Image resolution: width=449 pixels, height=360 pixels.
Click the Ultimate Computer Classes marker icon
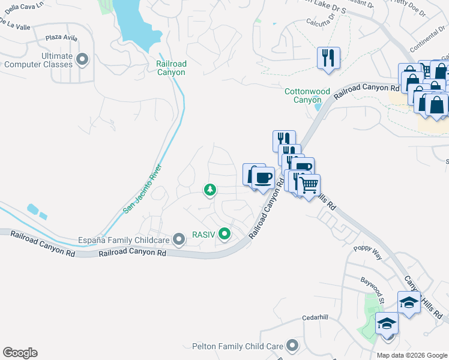[82, 59]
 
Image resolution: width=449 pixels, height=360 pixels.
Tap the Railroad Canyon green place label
[171, 68]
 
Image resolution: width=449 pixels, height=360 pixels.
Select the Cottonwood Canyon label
[307, 95]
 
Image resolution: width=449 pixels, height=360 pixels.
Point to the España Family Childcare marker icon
[178, 240]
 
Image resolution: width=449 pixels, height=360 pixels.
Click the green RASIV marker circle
[224, 233]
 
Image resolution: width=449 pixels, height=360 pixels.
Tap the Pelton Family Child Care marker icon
[292, 345]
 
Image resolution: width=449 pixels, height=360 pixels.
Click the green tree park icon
[209, 190]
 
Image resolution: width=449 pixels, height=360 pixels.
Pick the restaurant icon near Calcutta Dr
[328, 58]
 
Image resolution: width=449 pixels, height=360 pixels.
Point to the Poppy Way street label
[367, 252]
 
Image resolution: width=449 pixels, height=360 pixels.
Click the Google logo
[20, 353]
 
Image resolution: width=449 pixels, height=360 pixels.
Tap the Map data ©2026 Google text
[412, 355]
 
